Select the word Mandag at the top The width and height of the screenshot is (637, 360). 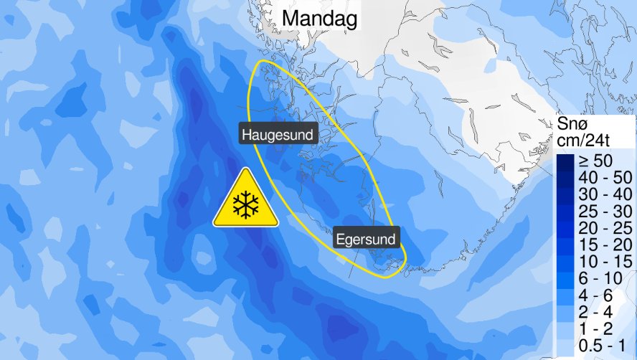tap(319, 19)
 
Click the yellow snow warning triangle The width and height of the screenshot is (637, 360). tap(245, 201)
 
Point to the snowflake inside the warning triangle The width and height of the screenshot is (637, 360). tap(245, 205)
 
